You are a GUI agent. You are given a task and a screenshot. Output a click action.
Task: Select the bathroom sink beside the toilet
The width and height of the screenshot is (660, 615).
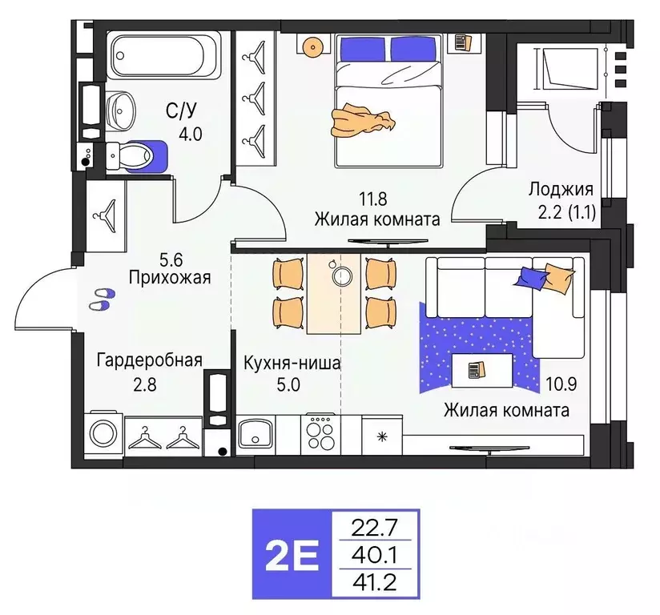[x=120, y=107]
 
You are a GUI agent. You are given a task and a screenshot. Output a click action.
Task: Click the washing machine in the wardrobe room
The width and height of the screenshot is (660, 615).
[x=104, y=434]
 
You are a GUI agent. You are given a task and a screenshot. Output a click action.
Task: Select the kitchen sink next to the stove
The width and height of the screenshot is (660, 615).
[x=256, y=435]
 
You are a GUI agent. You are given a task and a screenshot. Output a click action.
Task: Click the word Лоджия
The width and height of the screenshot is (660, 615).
[x=560, y=190]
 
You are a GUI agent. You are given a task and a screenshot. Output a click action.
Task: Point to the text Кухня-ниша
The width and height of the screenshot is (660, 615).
[x=292, y=363]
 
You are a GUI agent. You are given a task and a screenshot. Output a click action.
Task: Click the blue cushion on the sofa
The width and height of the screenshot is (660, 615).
[x=530, y=277]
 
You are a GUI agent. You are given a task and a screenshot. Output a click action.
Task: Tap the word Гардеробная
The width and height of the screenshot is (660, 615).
[x=149, y=360]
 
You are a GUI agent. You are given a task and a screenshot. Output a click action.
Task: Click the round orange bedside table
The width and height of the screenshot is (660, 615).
[x=312, y=46]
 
